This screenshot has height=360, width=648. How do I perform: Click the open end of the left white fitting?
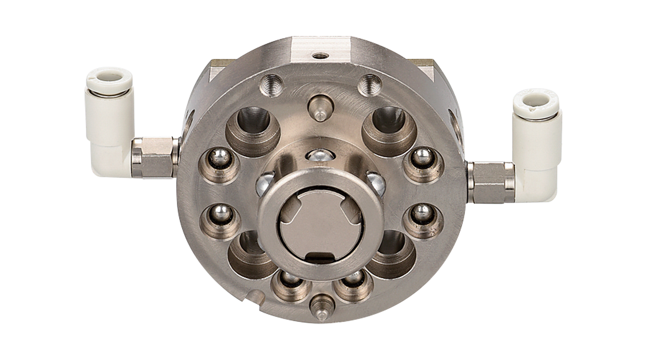pyautogui.click(x=109, y=77)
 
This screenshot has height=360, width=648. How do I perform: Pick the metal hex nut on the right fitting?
pyautogui.click(x=490, y=181)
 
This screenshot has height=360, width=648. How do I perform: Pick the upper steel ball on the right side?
pyautogui.click(x=420, y=157)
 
